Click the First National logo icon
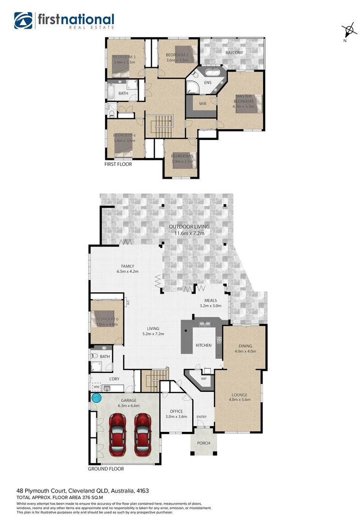(x=23, y=21)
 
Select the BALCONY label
(x=234, y=52)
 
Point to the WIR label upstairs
(x=203, y=103)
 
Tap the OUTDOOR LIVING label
(x=189, y=227)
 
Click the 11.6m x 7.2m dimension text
(x=189, y=233)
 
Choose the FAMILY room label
(x=127, y=266)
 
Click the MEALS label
(x=210, y=300)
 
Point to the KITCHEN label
(x=203, y=345)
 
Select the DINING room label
(x=245, y=346)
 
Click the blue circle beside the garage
(x=96, y=398)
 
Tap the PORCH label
(x=203, y=443)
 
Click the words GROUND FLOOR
(x=106, y=469)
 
